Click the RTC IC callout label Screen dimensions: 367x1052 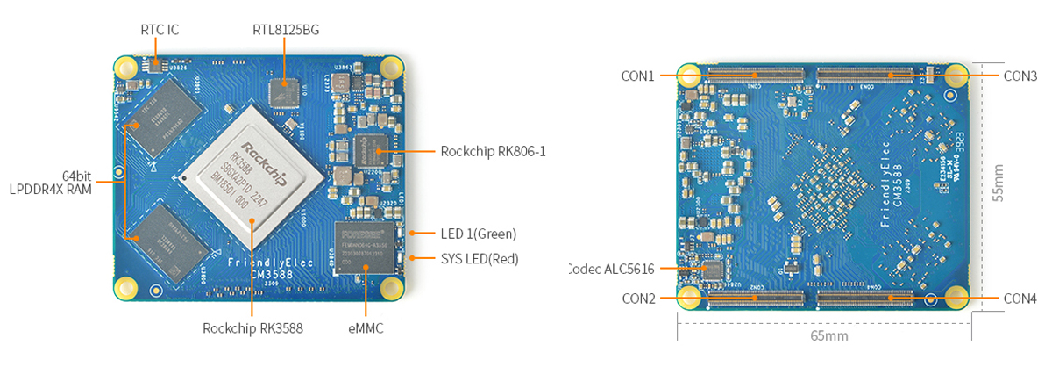click(160, 30)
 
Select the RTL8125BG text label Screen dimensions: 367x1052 click(286, 30)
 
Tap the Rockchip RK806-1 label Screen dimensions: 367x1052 click(494, 151)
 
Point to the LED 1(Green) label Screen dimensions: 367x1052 click(478, 234)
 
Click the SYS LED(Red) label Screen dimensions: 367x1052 click(479, 259)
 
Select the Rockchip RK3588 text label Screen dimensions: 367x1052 click(252, 329)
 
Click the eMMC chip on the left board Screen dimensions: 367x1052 click(365, 248)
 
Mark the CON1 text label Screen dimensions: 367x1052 click(638, 76)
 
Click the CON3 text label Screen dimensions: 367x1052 click(1020, 76)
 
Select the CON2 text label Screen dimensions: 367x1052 click(638, 299)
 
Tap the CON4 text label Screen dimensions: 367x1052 click(1020, 299)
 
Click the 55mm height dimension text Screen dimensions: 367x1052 click(999, 184)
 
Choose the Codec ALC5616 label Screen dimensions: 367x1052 click(610, 269)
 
